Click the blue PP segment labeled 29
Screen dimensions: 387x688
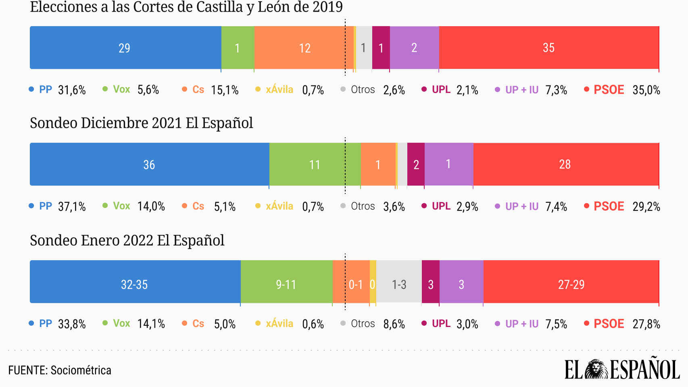tap(125, 48)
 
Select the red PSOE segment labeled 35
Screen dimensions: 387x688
tap(548, 48)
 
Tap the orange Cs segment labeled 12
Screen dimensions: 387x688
tap(304, 48)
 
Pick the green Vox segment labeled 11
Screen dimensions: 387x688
tap(315, 164)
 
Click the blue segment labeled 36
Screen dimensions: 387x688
tap(149, 164)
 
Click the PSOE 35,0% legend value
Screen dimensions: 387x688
tap(646, 90)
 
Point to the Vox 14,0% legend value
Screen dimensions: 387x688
tap(151, 206)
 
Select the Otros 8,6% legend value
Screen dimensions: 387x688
tap(394, 324)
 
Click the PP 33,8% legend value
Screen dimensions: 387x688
tap(72, 324)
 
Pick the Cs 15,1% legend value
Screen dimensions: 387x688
tap(225, 90)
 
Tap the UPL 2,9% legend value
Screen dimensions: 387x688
tap(467, 206)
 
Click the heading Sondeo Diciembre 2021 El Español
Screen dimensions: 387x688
tap(142, 123)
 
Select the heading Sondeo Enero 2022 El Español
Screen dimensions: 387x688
tap(127, 240)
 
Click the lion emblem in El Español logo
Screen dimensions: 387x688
tap(596, 369)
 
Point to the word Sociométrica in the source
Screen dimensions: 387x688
tap(81, 370)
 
